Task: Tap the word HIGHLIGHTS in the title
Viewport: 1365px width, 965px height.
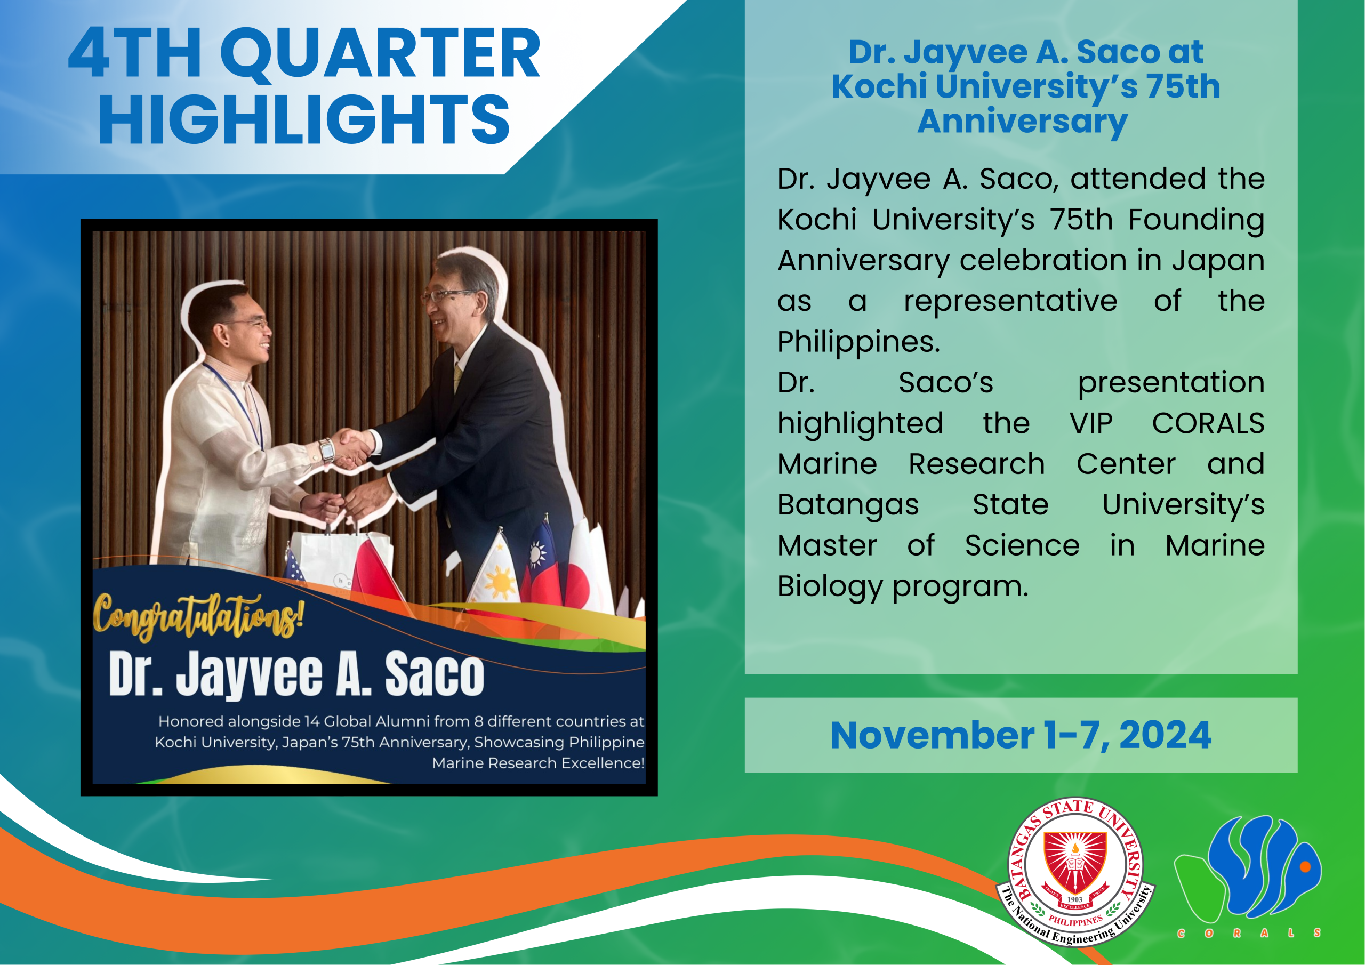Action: (x=304, y=120)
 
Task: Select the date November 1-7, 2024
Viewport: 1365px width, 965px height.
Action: (x=1020, y=736)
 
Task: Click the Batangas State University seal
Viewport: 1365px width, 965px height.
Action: (x=1075, y=872)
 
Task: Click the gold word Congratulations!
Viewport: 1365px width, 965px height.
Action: (x=198, y=617)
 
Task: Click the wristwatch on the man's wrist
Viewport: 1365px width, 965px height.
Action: (x=326, y=450)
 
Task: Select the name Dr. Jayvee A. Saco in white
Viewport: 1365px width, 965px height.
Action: (x=296, y=674)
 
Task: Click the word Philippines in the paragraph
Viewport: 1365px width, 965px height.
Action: (x=858, y=342)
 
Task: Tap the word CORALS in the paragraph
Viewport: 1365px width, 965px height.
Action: (x=1208, y=423)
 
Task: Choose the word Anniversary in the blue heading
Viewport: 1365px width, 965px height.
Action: (x=1023, y=122)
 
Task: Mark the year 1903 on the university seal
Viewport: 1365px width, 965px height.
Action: (x=1074, y=899)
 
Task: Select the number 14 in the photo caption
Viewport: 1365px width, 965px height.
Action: (x=311, y=721)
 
